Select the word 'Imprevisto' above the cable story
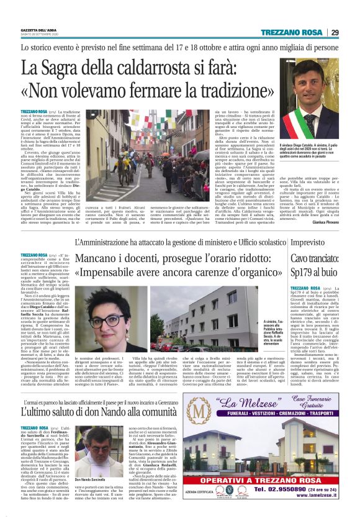point(308,243)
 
